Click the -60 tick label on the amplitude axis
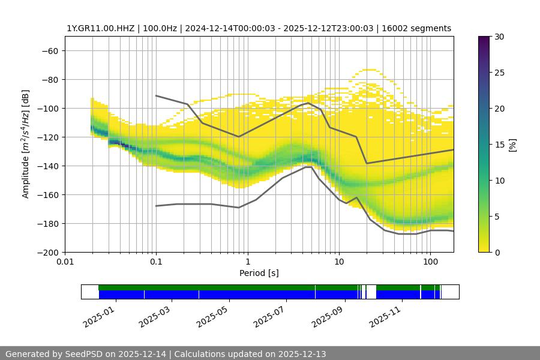[x=49, y=50]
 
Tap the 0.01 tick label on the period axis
[x=65, y=262]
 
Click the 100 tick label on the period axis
[x=430, y=262]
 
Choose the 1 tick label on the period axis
[x=247, y=262]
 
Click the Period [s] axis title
[x=259, y=273]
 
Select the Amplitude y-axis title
[x=26, y=144]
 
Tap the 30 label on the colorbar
[x=499, y=37]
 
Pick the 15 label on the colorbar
[x=499, y=145]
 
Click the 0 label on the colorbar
[x=496, y=252]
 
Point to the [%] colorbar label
[x=512, y=145]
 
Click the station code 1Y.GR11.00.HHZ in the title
[x=101, y=28]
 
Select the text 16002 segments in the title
[x=421, y=28]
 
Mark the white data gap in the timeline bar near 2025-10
[x=371, y=292]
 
